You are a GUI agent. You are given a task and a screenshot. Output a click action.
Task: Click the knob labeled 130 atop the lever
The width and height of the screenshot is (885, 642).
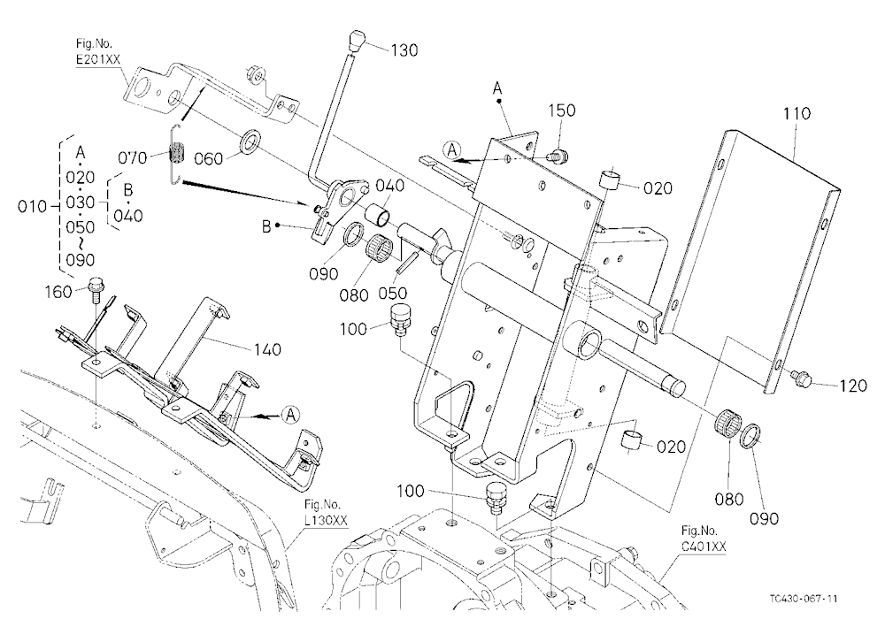coord(356,42)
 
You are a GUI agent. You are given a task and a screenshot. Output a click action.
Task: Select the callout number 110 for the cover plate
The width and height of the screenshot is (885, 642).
coord(796,113)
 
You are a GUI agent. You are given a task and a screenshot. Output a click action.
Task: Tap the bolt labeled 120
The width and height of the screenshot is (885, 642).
coord(802,378)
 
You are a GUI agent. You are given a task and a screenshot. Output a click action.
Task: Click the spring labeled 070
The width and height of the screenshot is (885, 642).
coord(177,153)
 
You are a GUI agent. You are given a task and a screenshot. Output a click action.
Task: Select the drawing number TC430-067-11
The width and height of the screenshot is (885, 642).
coord(803,599)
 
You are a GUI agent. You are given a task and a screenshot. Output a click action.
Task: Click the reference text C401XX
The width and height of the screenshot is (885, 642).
coord(704,546)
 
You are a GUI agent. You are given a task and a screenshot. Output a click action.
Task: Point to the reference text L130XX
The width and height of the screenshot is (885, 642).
coord(326,520)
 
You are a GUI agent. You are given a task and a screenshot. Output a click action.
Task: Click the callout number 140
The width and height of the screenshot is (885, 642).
coord(267,350)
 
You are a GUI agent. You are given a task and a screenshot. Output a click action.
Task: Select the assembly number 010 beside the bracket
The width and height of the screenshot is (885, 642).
coord(32,207)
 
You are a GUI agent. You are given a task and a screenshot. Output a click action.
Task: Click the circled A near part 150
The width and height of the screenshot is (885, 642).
coord(451,150)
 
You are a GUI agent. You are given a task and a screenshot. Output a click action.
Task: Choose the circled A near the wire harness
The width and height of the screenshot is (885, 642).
coord(290,416)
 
